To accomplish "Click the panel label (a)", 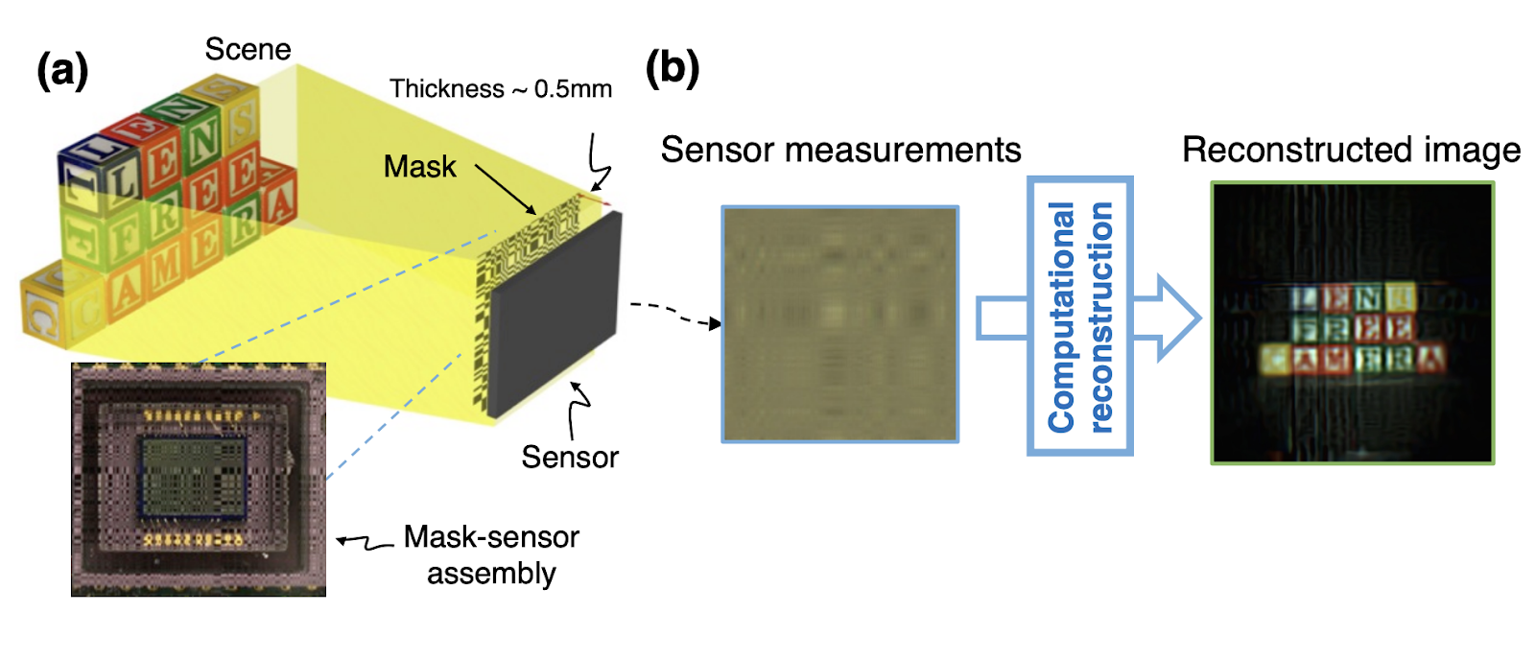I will pos(62,72).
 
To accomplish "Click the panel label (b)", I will pos(672,68).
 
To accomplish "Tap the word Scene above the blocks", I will pos(248,49).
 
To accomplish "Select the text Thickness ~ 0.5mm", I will pos(501,89).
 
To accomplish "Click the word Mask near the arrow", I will pos(419,167).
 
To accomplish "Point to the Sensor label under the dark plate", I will pos(570,457).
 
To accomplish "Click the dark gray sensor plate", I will pos(555,312).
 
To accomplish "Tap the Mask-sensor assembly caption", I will pos(491,554).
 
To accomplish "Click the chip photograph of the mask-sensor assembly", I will pos(199,479).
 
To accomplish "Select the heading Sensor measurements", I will pos(840,150).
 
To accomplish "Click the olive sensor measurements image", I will pos(839,323).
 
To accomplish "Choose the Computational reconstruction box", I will pos(1079,316).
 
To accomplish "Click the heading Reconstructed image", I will pos(1351,150).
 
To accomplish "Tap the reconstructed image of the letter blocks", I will pos(1352,323).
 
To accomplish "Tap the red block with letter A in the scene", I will pos(276,199).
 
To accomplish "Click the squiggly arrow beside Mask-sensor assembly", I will pos(364,543).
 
